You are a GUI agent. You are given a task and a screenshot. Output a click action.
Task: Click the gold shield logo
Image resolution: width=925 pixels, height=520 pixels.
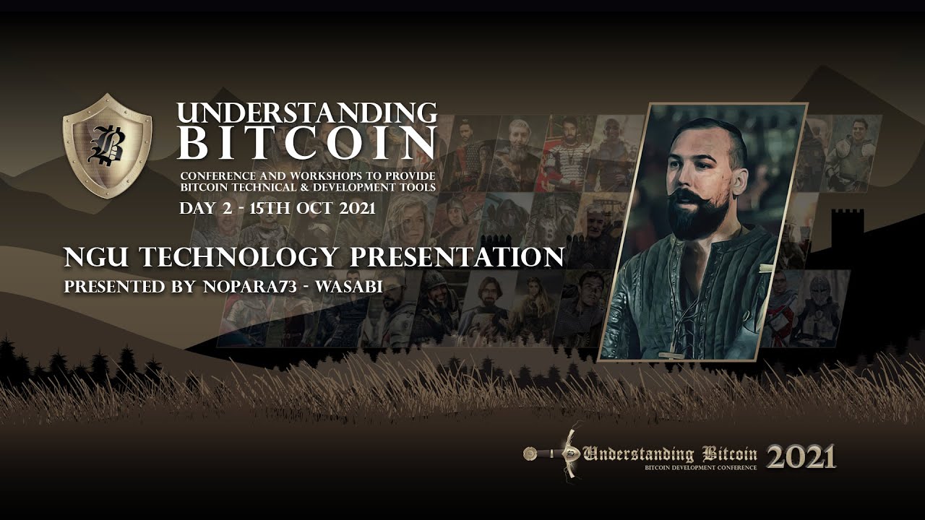tap(108, 146)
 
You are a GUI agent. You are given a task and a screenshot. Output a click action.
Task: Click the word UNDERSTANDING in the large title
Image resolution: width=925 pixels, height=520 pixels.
tap(307, 113)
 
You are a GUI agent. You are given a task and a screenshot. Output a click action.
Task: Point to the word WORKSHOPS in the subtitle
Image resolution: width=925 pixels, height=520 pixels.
tap(324, 175)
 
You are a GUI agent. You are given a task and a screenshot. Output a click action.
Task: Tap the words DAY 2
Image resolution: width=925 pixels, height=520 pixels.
tap(206, 208)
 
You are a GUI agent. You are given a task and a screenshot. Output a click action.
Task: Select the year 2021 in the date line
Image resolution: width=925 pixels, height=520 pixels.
tap(357, 208)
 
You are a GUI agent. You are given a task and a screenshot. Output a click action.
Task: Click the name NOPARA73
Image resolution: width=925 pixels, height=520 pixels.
tap(250, 287)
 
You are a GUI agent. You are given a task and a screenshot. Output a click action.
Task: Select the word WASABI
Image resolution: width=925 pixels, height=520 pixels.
tap(349, 287)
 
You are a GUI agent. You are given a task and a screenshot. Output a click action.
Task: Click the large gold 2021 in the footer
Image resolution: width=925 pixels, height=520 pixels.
tap(801, 456)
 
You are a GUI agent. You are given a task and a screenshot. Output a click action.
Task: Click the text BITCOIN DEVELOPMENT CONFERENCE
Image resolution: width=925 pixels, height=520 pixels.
tap(701, 467)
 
